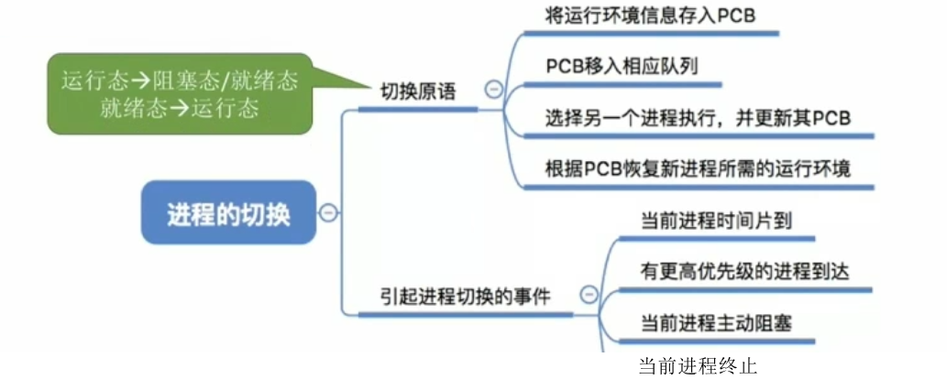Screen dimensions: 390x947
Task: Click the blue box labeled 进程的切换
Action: tap(228, 214)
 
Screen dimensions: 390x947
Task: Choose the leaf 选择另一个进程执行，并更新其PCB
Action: tap(698, 118)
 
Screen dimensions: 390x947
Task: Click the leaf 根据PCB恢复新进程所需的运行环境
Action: tap(698, 169)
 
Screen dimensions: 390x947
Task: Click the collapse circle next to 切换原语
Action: tap(493, 89)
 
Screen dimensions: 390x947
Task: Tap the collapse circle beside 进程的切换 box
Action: tap(328, 213)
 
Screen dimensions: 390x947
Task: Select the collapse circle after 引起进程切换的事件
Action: tap(588, 295)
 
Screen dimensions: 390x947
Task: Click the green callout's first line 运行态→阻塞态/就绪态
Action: tap(180, 81)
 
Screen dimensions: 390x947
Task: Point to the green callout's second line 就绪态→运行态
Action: tap(180, 107)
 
